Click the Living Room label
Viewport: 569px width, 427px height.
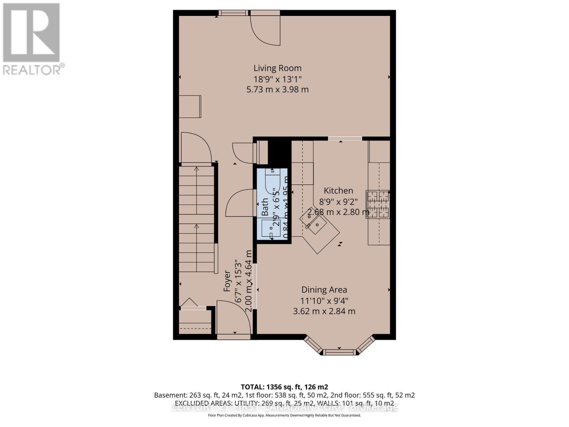coord(277,68)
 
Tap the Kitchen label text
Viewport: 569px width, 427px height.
coord(338,191)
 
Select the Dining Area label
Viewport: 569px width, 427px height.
coord(324,290)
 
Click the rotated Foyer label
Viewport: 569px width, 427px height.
coord(227,281)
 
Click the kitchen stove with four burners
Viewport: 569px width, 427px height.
coord(378,204)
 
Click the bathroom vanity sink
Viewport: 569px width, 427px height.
coord(271,228)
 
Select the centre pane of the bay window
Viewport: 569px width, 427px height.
coord(339,352)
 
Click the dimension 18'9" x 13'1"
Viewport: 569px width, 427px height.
coord(277,79)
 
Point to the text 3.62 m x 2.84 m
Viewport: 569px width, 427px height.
coord(324,311)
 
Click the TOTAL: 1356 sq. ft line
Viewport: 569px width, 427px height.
coord(284,387)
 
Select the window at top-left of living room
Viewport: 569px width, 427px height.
coord(233,13)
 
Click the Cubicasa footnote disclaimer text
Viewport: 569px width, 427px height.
coord(284,415)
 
